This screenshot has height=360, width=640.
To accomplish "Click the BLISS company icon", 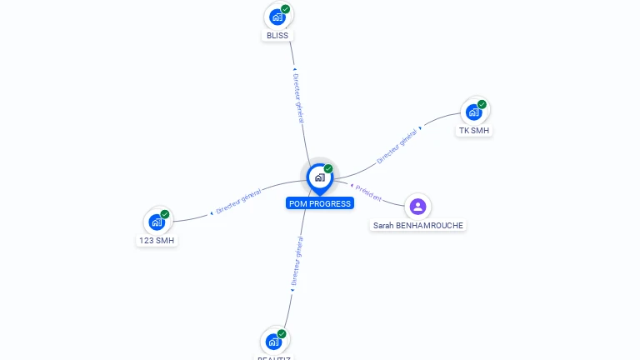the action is tap(277, 17).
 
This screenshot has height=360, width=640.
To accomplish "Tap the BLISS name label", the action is tap(277, 36).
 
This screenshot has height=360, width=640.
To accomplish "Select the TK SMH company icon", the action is tap(474, 112).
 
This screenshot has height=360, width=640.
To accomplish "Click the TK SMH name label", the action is tap(475, 131).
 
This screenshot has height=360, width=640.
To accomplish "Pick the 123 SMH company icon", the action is tap(157, 222).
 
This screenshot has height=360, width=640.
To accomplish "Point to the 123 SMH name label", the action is tap(157, 241).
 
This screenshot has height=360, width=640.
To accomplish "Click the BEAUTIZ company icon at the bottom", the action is tap(273, 341).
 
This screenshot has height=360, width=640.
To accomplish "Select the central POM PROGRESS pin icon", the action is tap(319, 177).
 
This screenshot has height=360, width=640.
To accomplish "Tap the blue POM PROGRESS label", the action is tap(320, 203).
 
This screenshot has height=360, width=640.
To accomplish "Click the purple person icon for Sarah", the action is tap(417, 206).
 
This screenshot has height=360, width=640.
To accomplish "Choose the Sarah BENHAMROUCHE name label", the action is tap(417, 225).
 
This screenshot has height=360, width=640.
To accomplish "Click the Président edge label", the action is tap(367, 192).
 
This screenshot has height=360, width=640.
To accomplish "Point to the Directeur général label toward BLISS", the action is tap(298, 97).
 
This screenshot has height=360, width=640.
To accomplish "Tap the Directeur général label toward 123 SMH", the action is tap(237, 201).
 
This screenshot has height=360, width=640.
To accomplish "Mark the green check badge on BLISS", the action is tap(286, 9).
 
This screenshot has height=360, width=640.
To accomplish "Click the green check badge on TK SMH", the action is tap(482, 104).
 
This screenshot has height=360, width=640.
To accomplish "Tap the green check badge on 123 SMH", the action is tap(165, 214).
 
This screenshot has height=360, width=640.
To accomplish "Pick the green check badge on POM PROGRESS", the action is tap(328, 169).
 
